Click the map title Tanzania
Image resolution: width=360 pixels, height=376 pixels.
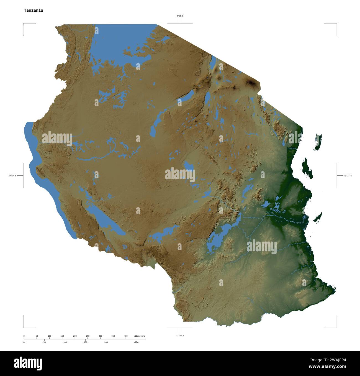coord(33,11)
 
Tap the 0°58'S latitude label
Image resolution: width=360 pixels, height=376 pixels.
coord(180,16)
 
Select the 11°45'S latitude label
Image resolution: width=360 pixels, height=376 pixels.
coord(180,336)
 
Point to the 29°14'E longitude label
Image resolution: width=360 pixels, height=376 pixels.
coord(12,176)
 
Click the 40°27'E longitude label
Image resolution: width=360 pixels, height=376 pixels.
coord(348,176)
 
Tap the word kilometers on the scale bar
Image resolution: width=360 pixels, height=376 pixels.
coord(139,336)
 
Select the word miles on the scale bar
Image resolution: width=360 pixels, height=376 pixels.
coord(136,342)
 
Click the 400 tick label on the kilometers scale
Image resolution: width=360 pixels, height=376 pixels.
coord(126,336)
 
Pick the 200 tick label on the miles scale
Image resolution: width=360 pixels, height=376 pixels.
coord(106,342)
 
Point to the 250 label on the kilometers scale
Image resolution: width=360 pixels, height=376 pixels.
coord(88,336)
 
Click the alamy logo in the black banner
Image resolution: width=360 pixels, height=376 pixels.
coord(28,363)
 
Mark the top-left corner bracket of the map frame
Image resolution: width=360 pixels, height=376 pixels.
coord(24,24)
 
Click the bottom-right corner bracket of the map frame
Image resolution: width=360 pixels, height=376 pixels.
coord(336,327)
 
